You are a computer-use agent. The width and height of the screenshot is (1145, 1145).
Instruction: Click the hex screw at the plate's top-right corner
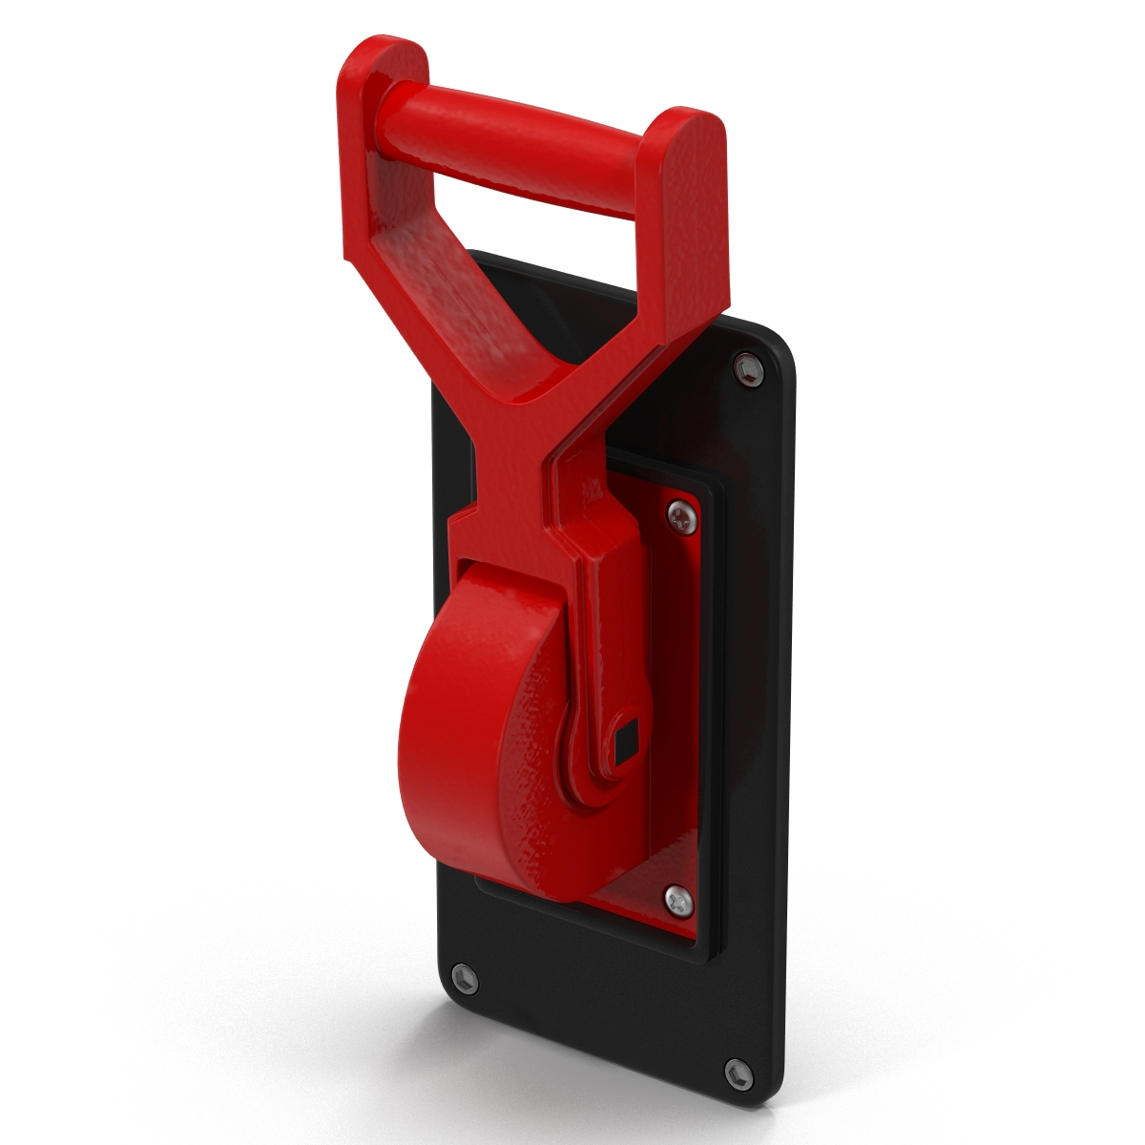747,367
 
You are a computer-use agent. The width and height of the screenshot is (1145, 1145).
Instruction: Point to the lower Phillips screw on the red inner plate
675,896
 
